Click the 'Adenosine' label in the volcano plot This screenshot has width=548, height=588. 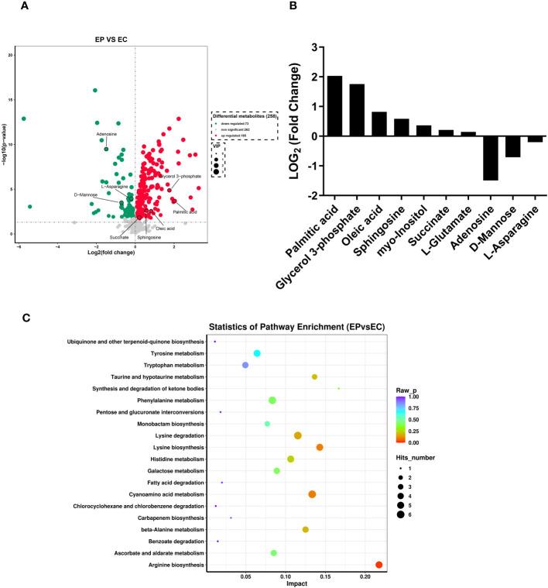(x=107, y=134)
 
